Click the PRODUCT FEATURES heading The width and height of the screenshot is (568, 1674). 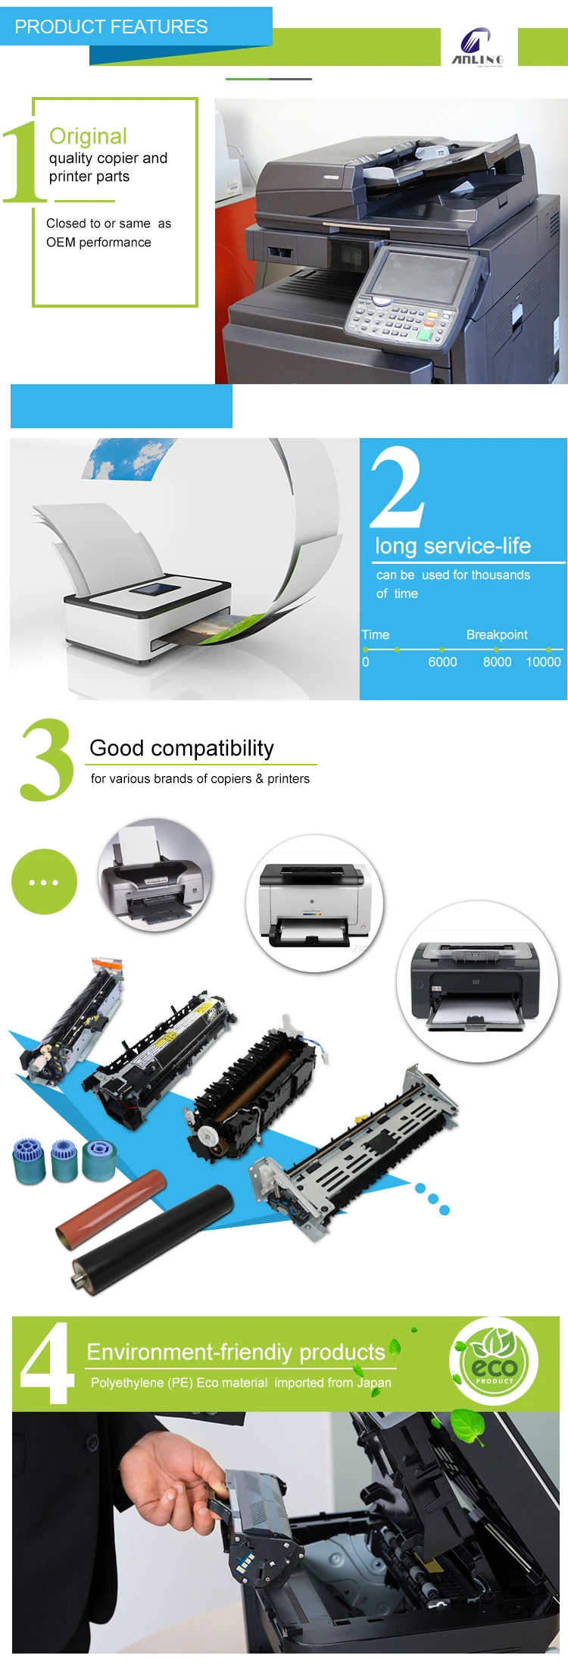(111, 27)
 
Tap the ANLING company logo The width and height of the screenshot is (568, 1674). (477, 46)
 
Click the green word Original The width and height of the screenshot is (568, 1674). (88, 136)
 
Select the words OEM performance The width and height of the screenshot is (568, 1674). (98, 242)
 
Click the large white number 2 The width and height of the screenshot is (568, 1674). (397, 487)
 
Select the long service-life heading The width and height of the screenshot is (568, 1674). (453, 546)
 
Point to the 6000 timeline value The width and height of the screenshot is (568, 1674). (442, 662)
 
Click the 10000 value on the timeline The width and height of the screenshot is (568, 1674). (543, 662)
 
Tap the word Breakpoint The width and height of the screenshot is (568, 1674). (497, 634)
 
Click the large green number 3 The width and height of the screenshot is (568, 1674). (47, 760)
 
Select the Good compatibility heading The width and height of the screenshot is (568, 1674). (182, 748)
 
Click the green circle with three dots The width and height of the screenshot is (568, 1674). (44, 882)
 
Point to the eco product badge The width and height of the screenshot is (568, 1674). (494, 1362)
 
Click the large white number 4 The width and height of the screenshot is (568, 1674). (47, 1363)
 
